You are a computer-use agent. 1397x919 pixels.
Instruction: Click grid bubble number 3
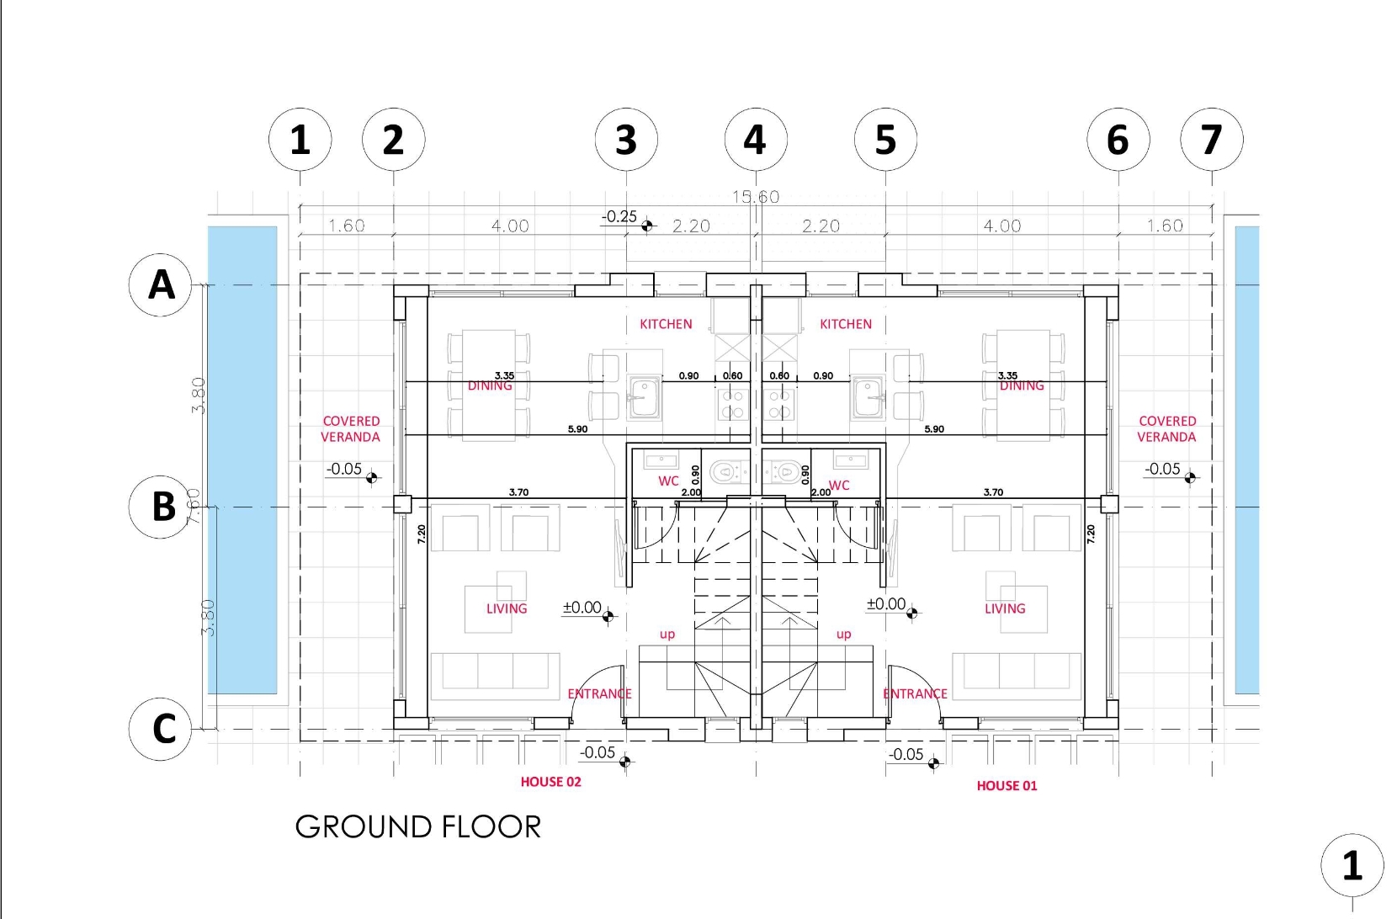point(625,139)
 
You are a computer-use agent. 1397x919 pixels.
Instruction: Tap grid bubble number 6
point(1118,139)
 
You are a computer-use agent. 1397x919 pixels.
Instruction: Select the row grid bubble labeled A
point(161,284)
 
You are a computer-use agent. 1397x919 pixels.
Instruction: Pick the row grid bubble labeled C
point(161,729)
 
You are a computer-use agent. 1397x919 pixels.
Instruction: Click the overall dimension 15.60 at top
point(755,197)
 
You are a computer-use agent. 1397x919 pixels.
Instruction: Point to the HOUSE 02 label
point(550,782)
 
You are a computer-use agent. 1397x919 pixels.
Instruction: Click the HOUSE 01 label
point(1007,786)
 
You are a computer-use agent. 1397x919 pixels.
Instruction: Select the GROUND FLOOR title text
point(417,827)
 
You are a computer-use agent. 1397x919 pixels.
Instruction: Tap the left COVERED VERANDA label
point(351,428)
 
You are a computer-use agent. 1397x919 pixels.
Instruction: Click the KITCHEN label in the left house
point(666,324)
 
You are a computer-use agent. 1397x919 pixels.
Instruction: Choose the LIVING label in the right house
point(1005,608)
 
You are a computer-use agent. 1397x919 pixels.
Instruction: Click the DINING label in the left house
point(490,386)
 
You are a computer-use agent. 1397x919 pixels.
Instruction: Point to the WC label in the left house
point(668,481)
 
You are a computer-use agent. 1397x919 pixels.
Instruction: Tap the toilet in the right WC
point(784,472)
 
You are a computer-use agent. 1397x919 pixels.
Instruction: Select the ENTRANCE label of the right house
point(915,693)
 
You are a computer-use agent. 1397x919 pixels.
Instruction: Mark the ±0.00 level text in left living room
point(582,608)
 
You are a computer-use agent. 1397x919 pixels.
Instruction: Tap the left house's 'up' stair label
point(667,635)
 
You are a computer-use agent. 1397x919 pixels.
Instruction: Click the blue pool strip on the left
point(242,459)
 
